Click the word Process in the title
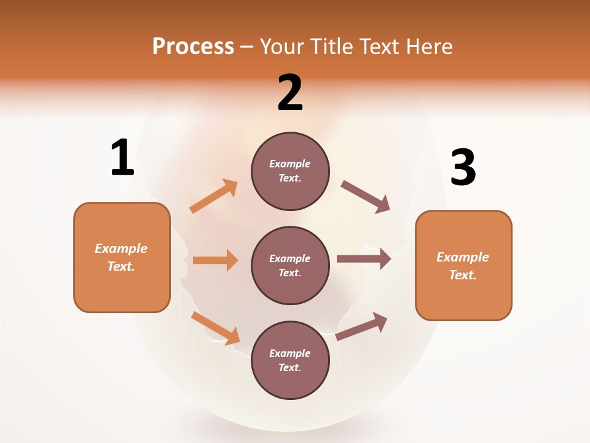click(193, 46)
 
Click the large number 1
click(122, 158)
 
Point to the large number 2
click(290, 93)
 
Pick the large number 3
click(463, 167)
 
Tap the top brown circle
click(290, 171)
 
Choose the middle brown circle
click(290, 265)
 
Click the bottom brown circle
click(290, 360)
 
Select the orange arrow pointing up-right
click(214, 196)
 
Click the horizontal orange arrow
click(215, 260)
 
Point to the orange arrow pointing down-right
click(215, 328)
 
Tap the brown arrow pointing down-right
click(366, 197)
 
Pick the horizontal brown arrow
click(364, 259)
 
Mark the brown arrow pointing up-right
click(361, 326)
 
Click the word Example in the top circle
click(290, 164)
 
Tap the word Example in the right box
click(463, 257)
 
